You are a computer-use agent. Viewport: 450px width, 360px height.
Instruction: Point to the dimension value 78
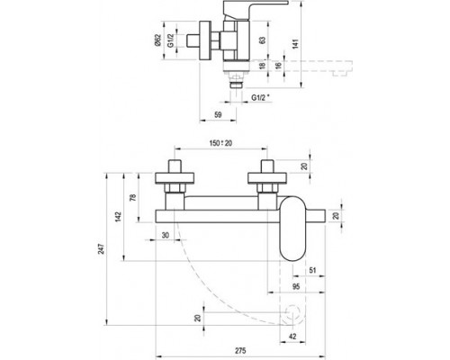(x=134, y=198)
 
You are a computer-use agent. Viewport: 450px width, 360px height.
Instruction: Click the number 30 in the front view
(x=165, y=236)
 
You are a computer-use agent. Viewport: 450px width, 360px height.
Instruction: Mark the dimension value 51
(x=310, y=269)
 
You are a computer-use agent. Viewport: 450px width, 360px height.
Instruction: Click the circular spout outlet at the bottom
(x=292, y=314)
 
